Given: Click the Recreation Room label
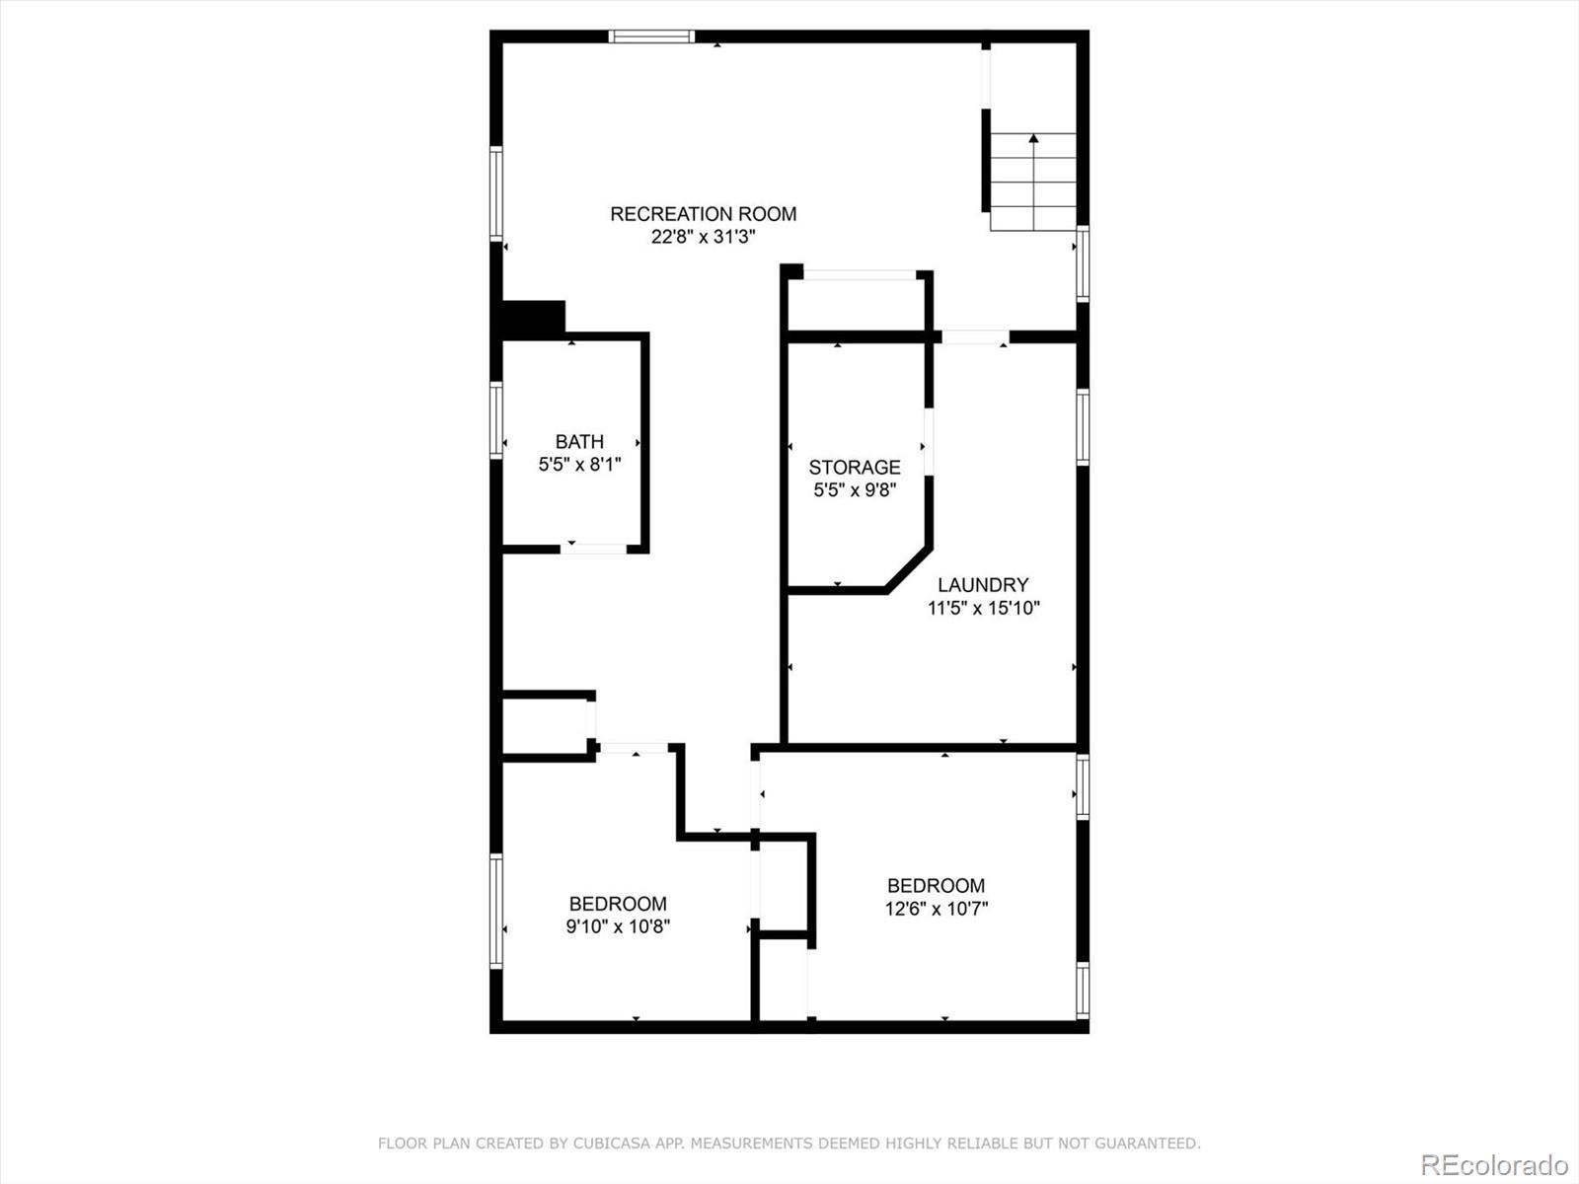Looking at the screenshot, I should coord(703,214).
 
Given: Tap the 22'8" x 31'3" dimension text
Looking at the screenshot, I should coord(703,238).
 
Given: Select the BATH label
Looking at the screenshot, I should coord(579,442).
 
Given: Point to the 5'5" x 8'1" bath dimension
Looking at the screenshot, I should coord(579,465).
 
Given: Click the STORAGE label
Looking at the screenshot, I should coord(855,468).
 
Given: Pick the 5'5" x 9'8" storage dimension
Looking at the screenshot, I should coord(855,490).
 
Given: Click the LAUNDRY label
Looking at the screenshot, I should coord(983,585).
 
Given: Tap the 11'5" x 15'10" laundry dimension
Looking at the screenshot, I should coord(983,609).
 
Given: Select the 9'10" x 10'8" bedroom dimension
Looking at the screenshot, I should coord(618,927).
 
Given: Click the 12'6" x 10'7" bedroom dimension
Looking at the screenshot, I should coord(936,909).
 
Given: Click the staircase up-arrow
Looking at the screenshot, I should coord(1033,140).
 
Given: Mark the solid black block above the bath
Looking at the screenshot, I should coord(534,318).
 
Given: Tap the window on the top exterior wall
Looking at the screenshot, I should coord(651,37).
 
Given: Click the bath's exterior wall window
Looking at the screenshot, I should coord(496,419).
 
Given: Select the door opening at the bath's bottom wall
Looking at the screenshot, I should coord(594,548).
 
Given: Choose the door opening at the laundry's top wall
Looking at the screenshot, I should coord(975,337).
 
